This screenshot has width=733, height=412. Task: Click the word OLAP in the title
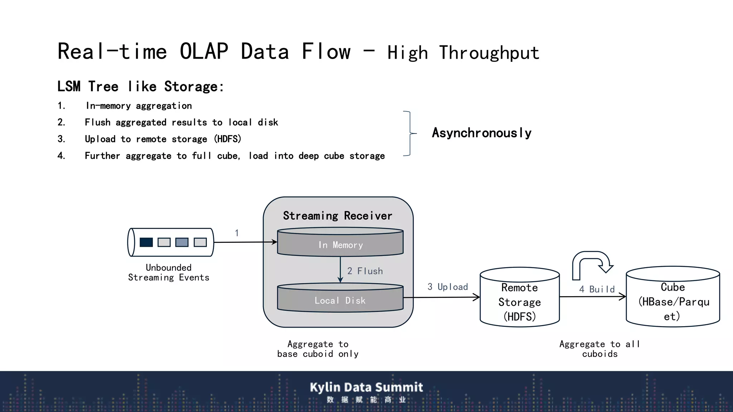click(204, 51)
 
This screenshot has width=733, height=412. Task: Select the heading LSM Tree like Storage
click(141, 87)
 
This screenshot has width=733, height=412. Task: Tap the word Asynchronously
click(481, 133)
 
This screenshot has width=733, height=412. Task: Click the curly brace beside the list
click(409, 133)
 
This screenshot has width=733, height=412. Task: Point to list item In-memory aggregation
click(139, 106)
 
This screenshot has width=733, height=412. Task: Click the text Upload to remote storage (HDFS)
click(163, 139)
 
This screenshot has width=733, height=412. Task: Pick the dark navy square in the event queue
click(146, 242)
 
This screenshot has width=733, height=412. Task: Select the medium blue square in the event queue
click(182, 242)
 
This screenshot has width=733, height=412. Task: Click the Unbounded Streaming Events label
click(169, 273)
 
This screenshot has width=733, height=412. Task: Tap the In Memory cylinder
click(340, 245)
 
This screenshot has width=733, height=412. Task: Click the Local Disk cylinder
click(340, 300)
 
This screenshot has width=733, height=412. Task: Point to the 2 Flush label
click(365, 271)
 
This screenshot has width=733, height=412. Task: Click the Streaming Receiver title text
click(338, 216)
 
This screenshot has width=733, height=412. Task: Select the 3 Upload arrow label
click(447, 287)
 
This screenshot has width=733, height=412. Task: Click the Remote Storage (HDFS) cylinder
click(519, 302)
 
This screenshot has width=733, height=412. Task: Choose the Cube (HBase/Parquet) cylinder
click(673, 301)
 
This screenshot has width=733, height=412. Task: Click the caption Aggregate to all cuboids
click(600, 349)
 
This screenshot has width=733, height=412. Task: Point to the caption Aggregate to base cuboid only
click(318, 349)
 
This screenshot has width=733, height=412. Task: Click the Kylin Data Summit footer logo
click(366, 391)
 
